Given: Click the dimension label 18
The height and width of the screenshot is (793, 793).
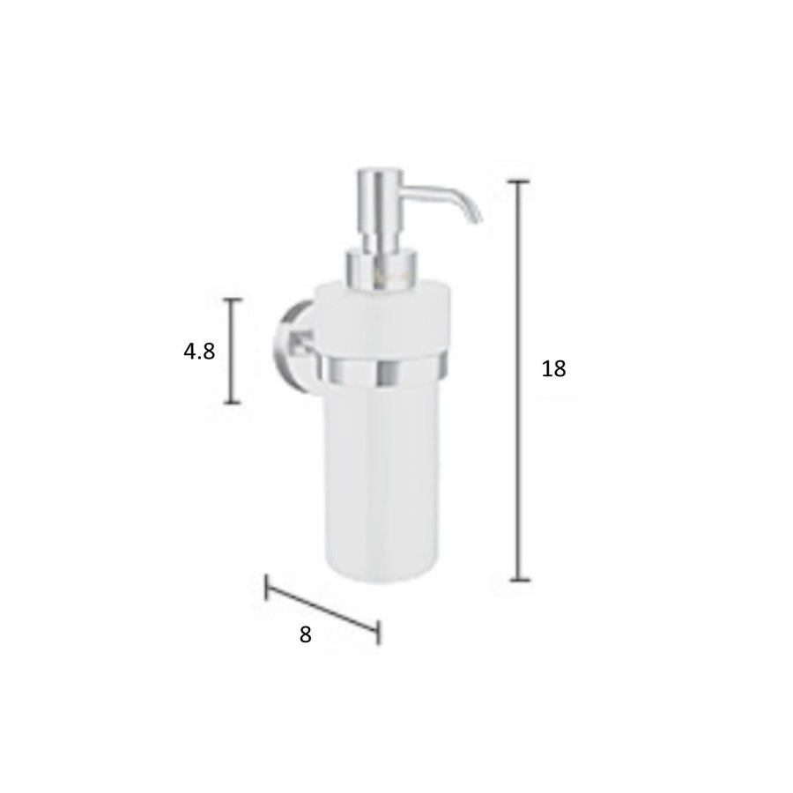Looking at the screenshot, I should pyautogui.click(x=553, y=369).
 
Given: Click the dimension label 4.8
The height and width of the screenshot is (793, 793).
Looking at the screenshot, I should pyautogui.click(x=199, y=352).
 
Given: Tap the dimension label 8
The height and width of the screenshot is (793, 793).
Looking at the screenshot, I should pyautogui.click(x=306, y=634).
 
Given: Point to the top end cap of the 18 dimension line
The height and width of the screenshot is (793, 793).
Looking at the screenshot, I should pyautogui.click(x=520, y=181).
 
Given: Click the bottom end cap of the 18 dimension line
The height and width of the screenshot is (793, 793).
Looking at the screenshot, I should pyautogui.click(x=520, y=580).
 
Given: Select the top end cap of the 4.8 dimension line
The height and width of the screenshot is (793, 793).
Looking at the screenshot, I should pyautogui.click(x=232, y=300).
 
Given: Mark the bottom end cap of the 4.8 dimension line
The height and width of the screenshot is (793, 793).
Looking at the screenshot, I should pyautogui.click(x=232, y=403).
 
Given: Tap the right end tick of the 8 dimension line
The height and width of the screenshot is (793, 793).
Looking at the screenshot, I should pyautogui.click(x=378, y=632).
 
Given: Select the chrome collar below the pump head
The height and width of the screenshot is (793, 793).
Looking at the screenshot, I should pyautogui.click(x=380, y=267).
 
